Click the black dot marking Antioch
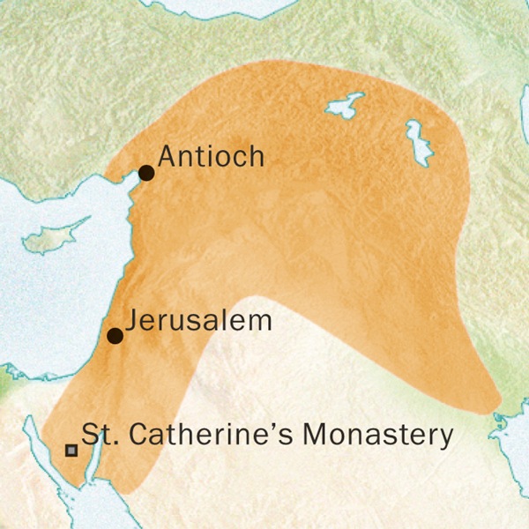click(146, 173)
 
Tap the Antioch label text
click(211, 157)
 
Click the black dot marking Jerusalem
click(115, 335)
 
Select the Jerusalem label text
click(197, 321)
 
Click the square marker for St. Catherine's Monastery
click(71, 451)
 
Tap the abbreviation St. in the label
click(95, 435)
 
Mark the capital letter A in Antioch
click(167, 157)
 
